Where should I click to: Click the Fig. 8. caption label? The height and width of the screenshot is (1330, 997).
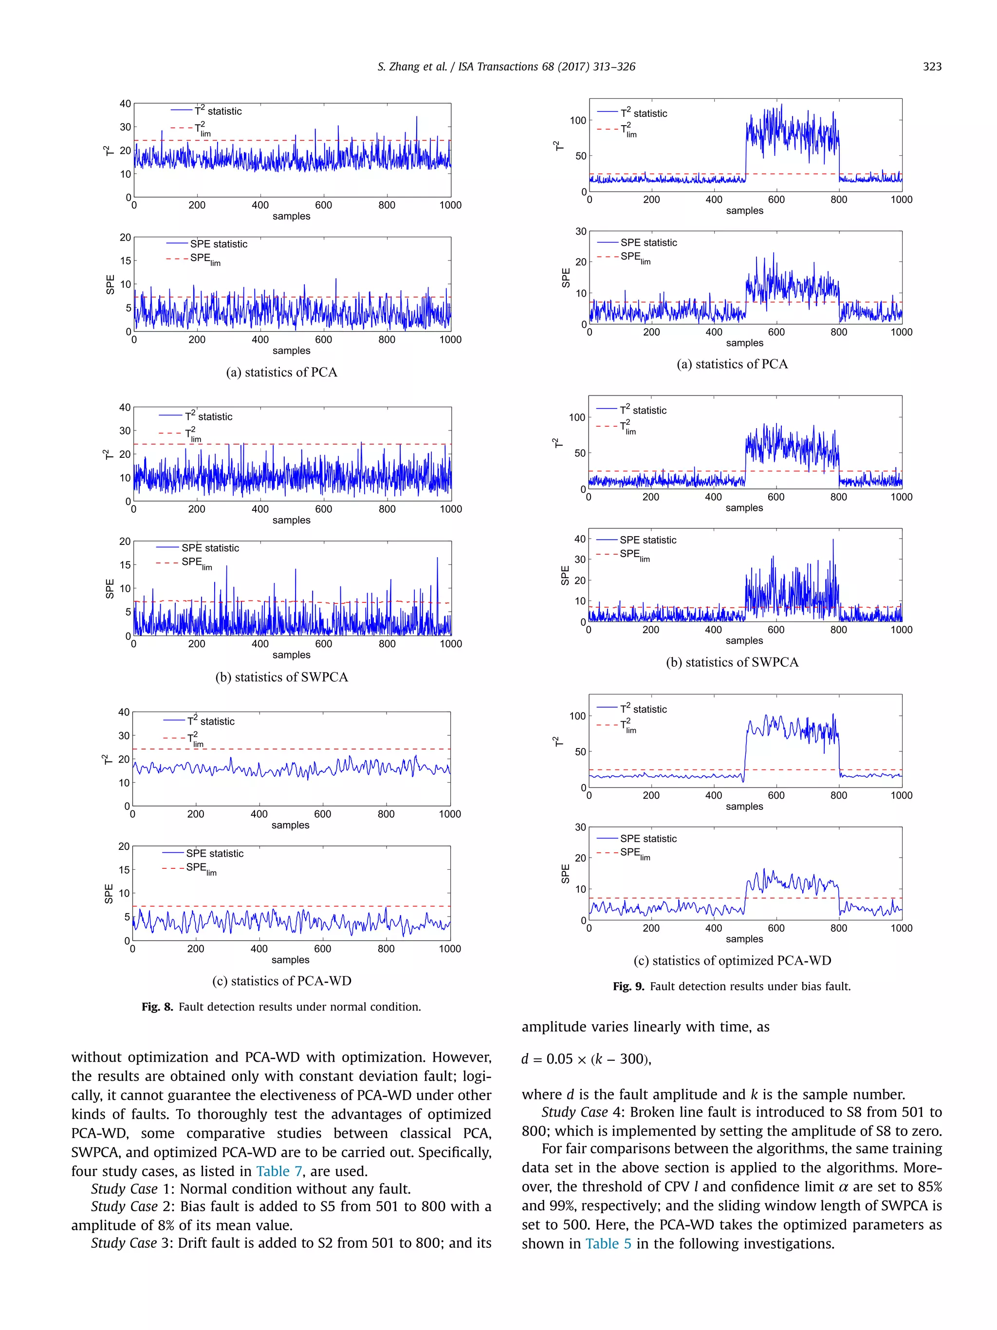[x=157, y=1007]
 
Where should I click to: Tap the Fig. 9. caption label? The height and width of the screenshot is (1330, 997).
[x=628, y=986]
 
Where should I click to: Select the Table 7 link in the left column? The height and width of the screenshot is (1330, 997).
[x=279, y=1171]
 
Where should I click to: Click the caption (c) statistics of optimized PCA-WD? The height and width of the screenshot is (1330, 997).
[x=732, y=960]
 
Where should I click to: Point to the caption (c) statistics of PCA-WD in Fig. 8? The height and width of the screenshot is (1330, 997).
[x=281, y=981]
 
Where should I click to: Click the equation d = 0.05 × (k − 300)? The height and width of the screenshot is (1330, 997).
[x=586, y=1059]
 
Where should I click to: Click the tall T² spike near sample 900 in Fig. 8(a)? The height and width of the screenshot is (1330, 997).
[x=416, y=118]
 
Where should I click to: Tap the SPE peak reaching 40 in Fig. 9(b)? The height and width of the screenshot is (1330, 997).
[x=833, y=540]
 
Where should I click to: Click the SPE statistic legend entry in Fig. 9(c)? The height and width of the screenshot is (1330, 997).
[x=648, y=838]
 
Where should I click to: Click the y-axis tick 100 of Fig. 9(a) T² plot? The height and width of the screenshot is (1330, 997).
[x=577, y=120]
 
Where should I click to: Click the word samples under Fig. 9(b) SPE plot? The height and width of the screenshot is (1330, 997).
[x=744, y=640]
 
